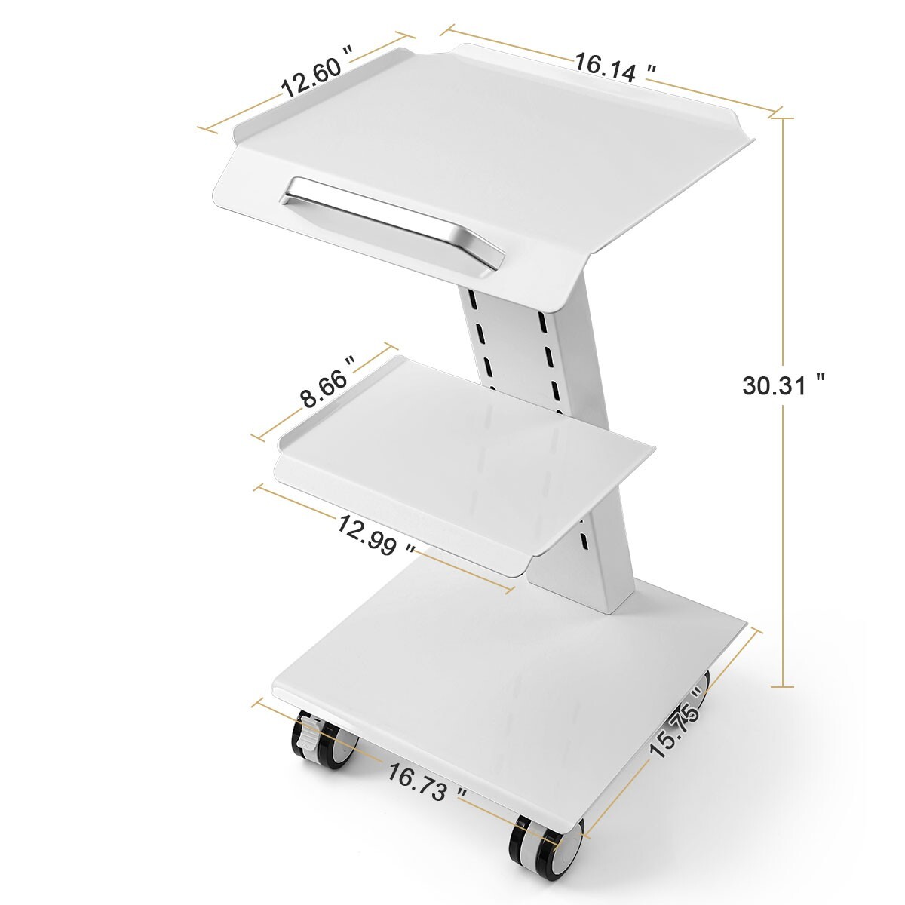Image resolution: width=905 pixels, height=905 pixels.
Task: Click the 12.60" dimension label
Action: tap(318, 78)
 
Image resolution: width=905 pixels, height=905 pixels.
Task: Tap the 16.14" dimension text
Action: tap(615, 67)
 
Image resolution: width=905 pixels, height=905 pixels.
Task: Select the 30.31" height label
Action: tap(784, 385)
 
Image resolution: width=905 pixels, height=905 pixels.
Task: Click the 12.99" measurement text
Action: tap(376, 535)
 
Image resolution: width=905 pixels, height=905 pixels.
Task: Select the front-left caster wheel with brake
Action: tap(323, 744)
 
